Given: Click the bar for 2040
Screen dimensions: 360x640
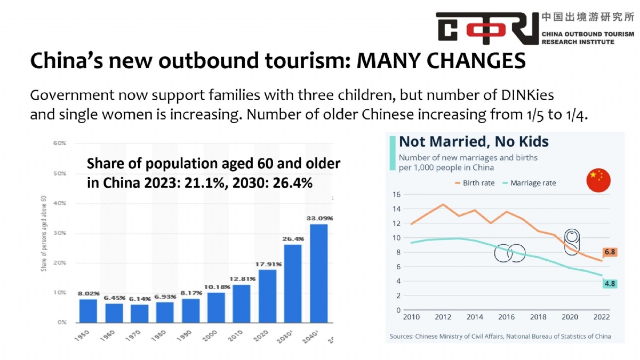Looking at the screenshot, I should coord(318,273).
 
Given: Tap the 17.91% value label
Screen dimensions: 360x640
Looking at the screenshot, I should coord(267,263).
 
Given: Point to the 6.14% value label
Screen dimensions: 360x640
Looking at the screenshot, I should coord(140,299).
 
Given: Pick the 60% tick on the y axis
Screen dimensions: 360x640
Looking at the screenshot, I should coord(59,143).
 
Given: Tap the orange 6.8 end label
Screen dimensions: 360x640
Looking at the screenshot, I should coord(610,252).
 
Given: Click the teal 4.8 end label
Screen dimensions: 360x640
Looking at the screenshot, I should coord(610,284).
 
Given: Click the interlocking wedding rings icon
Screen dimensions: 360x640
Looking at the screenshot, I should coord(510,253).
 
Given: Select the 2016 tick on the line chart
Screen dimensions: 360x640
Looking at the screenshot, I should coord(506,317).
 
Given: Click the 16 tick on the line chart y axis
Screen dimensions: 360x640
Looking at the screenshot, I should coord(396,194).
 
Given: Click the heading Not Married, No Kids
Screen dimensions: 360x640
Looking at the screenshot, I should coord(474,141).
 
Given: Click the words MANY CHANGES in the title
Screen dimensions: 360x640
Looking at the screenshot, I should coord(441,61).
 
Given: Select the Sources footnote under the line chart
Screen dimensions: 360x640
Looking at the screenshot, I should coord(500,337).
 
